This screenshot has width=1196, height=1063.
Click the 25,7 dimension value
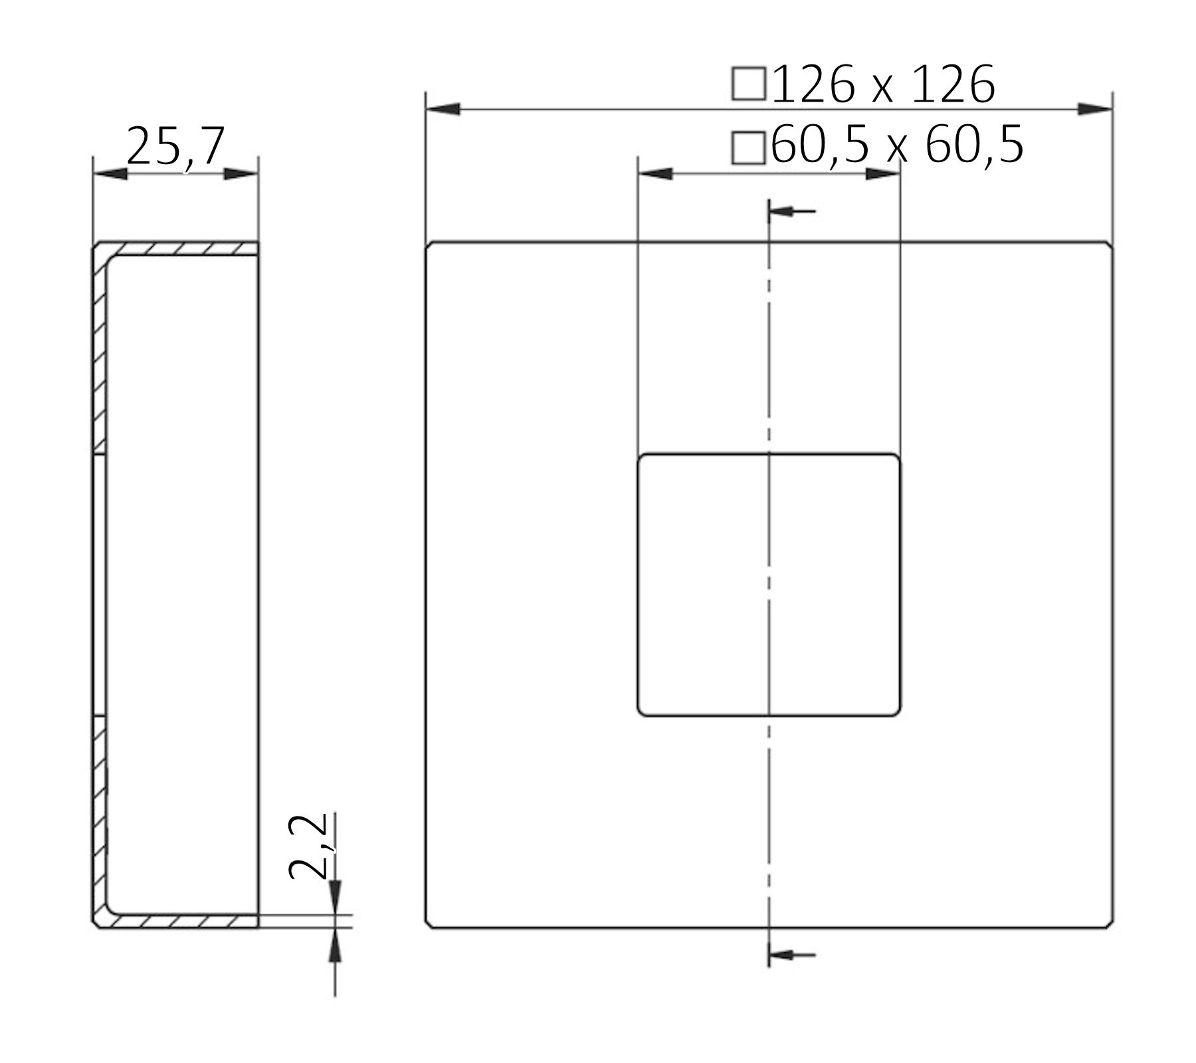point(176,146)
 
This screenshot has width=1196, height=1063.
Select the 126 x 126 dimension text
point(883,85)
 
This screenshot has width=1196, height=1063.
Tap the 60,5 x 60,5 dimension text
point(897,145)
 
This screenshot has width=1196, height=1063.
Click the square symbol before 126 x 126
point(748,84)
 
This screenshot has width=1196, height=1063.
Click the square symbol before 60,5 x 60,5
point(748,147)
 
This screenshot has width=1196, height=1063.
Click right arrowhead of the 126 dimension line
point(1094,109)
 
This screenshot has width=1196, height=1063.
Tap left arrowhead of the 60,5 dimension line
point(655,174)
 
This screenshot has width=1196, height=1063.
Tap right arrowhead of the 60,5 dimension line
point(882,174)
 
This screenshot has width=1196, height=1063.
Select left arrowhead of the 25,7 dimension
point(110,174)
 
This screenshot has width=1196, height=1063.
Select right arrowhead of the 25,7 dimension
point(241,174)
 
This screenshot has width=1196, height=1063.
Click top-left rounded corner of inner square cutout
point(641,458)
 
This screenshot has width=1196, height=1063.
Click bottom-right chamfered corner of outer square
point(1110,924)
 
